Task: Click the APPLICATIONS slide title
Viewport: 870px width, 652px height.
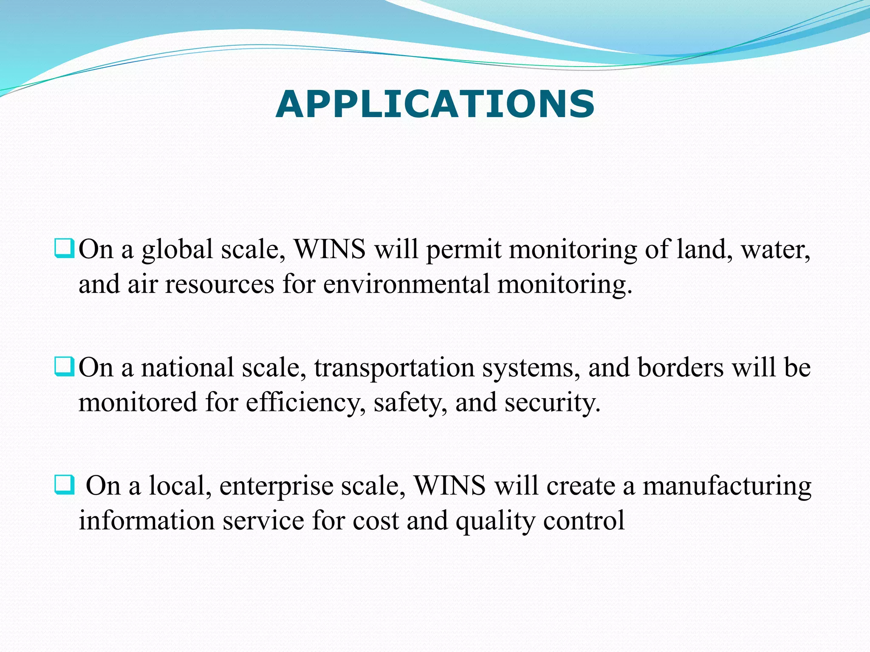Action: pos(435,104)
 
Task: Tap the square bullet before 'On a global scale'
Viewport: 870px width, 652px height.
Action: pos(65,249)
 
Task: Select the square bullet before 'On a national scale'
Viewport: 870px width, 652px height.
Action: pos(65,367)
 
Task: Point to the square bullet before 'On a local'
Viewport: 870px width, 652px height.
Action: pos(65,485)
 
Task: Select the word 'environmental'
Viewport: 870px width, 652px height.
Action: pos(406,284)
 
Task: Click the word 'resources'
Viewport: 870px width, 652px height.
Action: pos(220,284)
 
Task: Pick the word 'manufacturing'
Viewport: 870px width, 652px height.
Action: pos(727,486)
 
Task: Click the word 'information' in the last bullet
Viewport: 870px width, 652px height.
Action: pos(147,520)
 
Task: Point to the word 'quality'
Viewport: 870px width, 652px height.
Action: pos(495,521)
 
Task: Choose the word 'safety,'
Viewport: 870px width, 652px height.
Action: pos(410,402)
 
